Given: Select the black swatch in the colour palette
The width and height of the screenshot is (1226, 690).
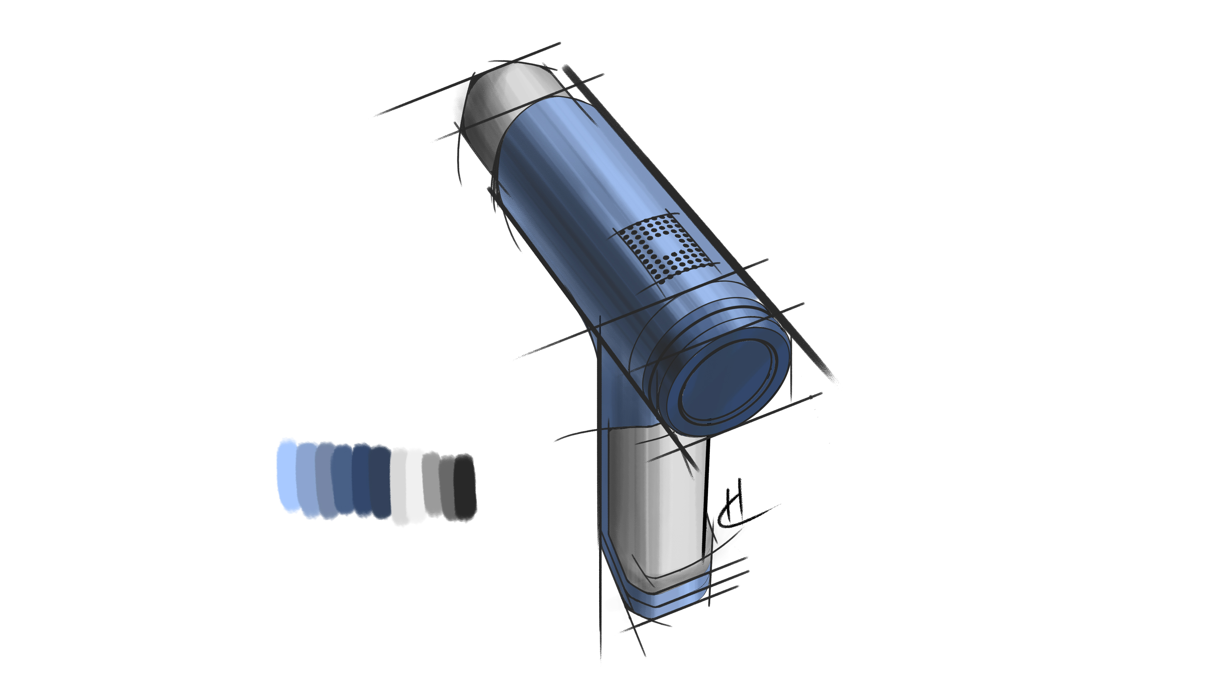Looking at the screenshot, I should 465,486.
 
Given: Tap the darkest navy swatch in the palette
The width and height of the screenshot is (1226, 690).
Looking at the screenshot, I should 381,482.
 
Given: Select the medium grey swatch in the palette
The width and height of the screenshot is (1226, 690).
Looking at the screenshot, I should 431,484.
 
